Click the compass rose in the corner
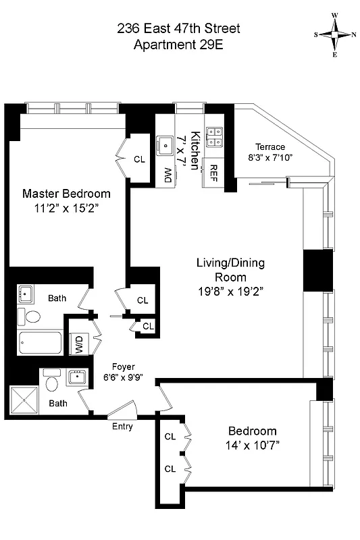[334, 34]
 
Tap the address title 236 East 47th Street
[179, 29]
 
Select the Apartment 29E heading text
[179, 45]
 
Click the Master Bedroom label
[66, 194]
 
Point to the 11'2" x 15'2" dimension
[66, 209]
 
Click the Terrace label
[269, 147]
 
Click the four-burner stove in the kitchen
[215, 137]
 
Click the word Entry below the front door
[122, 427]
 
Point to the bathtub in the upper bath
[40, 344]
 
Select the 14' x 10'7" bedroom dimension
[252, 445]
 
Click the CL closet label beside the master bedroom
[139, 160]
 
